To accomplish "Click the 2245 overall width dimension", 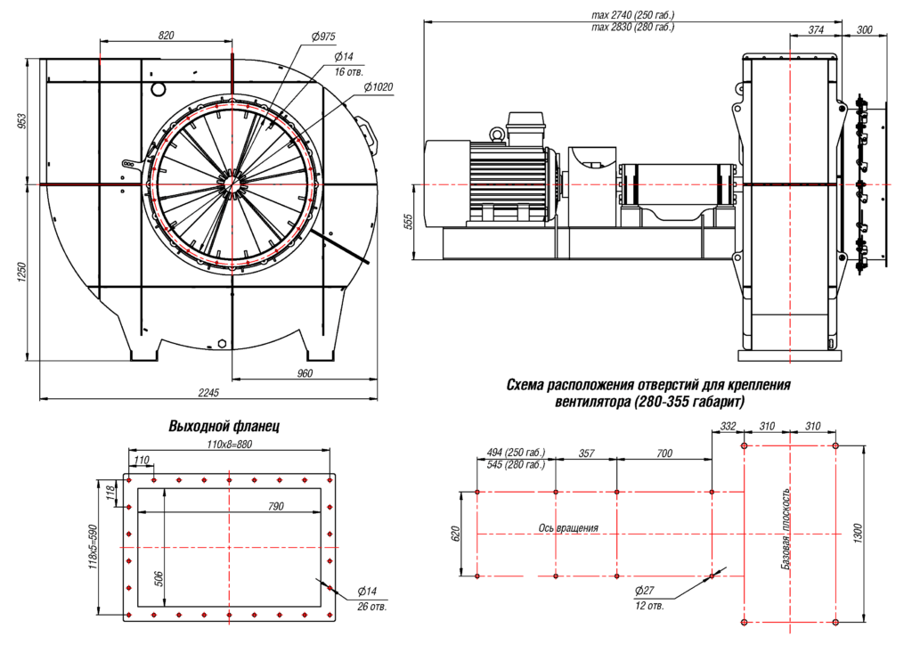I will tap(209, 392).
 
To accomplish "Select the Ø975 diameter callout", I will tap(323, 37).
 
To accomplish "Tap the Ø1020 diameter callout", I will tap(379, 86).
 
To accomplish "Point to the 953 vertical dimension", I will tap(24, 121).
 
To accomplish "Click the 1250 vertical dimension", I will tap(24, 272).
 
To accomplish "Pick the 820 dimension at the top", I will tap(166, 35).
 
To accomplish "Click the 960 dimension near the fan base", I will tap(305, 373).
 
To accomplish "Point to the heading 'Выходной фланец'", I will tap(224, 427).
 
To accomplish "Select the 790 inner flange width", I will tap(275, 506).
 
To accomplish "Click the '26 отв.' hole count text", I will tap(371, 607).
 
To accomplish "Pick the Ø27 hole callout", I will tap(646, 591).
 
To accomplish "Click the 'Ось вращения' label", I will tap(568, 527).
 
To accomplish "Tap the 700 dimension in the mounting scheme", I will tap(664, 453).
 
